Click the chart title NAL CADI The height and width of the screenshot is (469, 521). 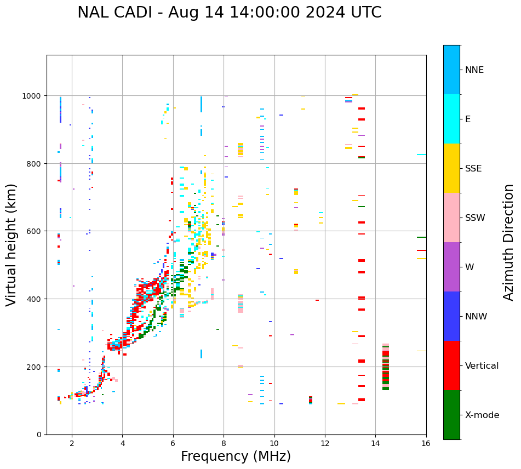point(229,13)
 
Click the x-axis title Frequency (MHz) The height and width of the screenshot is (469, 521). point(236,456)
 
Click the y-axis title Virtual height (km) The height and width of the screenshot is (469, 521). point(12,244)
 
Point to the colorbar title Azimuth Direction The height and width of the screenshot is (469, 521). point(509,242)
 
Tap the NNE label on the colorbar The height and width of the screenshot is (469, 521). point(474,70)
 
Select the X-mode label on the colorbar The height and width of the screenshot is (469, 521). point(482,415)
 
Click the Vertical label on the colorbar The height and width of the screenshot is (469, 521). point(482,366)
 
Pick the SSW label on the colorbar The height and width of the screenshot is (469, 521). point(475,218)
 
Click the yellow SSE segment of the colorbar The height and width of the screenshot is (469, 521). point(451,168)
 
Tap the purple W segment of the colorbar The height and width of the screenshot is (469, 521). point(451,267)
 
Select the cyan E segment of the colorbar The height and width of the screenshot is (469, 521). point(451,119)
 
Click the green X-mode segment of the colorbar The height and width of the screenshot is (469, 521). point(451,415)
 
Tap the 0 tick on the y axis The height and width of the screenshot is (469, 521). point(39,434)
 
